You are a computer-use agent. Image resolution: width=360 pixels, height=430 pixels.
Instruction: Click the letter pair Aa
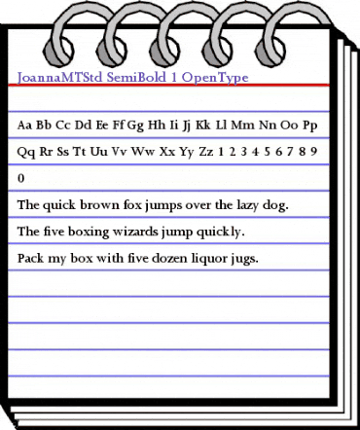[26, 125]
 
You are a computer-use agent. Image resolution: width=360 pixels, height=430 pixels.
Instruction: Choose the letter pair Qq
[27, 153]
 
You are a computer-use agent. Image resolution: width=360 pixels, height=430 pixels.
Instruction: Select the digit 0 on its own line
[21, 179]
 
